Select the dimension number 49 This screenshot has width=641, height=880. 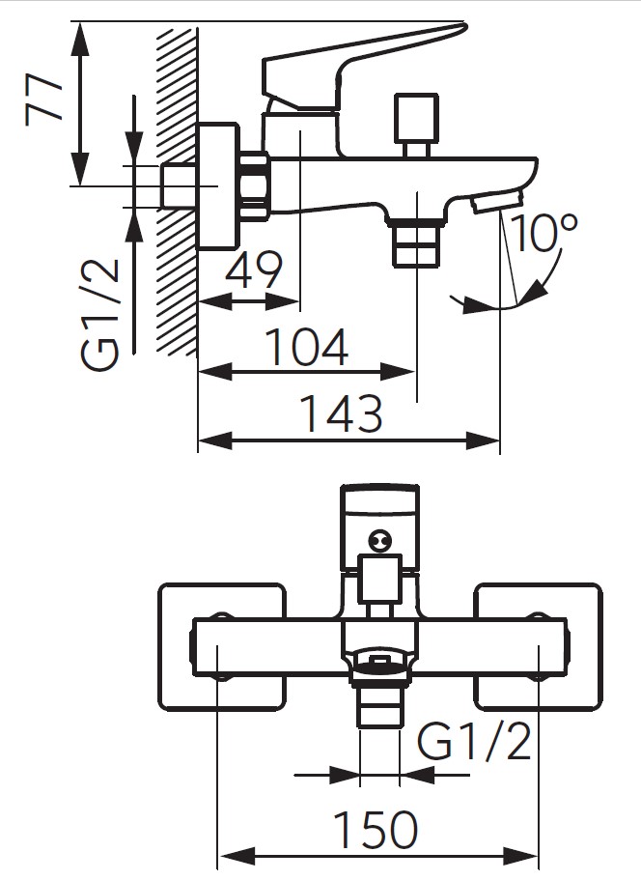pyautogui.click(x=253, y=270)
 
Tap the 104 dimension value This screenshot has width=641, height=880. pyautogui.click(x=306, y=348)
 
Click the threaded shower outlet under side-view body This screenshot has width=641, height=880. pyautogui.click(x=414, y=242)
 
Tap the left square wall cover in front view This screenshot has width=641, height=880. pyautogui.click(x=222, y=645)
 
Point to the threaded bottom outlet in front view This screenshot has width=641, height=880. pyautogui.click(x=379, y=697)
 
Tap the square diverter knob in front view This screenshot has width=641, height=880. pyautogui.click(x=379, y=580)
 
